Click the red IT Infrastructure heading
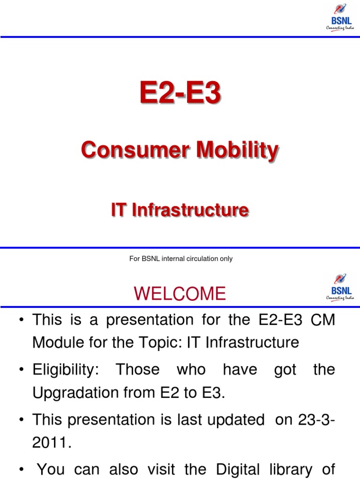point(180,210)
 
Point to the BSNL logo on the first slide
point(340,17)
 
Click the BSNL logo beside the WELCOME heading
point(340,287)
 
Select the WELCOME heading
point(180,294)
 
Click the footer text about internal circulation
point(180,259)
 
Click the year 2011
point(51,443)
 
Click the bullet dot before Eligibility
point(22,370)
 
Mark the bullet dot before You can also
point(22,469)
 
